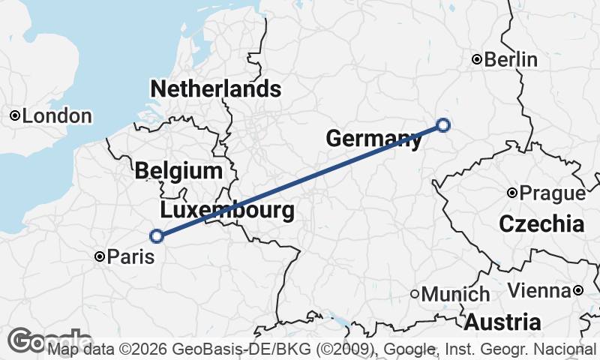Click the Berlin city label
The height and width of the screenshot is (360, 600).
[511, 60]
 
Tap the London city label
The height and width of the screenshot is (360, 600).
[57, 116]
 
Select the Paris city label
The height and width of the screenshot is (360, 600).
[130, 256]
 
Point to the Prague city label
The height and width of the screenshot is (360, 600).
[552, 193]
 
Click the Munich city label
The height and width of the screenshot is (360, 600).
[456, 294]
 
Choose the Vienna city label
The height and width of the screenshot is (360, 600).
[539, 290]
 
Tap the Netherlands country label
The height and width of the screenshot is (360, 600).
[216, 89]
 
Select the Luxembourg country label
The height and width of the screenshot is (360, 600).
[227, 210]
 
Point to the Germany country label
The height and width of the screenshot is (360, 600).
[373, 138]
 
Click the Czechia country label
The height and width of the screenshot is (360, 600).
[541, 223]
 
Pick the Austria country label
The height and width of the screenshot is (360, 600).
[502, 322]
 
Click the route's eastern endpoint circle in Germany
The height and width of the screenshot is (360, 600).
[443, 125]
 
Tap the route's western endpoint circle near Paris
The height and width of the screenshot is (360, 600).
[157, 236]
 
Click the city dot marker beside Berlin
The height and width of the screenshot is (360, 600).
[476, 60]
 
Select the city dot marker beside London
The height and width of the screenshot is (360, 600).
[14, 116]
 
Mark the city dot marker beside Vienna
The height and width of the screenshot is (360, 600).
[578, 290]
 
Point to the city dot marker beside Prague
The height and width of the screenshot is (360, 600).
[511, 193]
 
